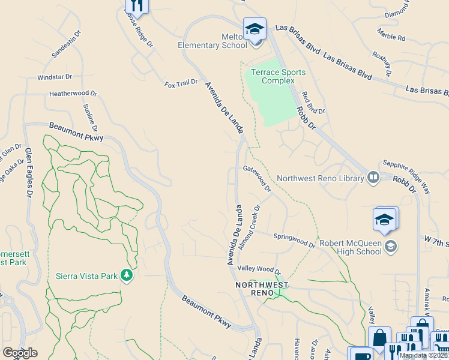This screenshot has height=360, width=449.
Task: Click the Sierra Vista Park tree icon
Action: click(x=126, y=275)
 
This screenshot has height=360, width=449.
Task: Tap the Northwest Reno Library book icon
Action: click(x=373, y=177)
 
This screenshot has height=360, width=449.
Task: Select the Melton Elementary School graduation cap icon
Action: click(x=255, y=29)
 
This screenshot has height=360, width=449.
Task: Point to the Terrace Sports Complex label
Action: click(x=278, y=76)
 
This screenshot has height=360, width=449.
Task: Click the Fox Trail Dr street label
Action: click(x=181, y=83)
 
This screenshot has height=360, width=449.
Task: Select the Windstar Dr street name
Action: click(x=55, y=77)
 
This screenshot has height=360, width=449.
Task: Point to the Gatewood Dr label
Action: click(x=258, y=178)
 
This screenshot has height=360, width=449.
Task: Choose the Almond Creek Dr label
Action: click(x=249, y=226)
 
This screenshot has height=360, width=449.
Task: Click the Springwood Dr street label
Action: click(x=294, y=240)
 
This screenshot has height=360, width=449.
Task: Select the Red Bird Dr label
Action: click(x=313, y=103)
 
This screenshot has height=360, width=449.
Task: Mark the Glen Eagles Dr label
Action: click(x=28, y=173)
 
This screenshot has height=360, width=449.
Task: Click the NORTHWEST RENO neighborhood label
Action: click(x=262, y=289)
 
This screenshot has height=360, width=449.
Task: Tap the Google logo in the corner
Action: click(x=20, y=353)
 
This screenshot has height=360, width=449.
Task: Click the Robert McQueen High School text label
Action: click(x=350, y=247)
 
